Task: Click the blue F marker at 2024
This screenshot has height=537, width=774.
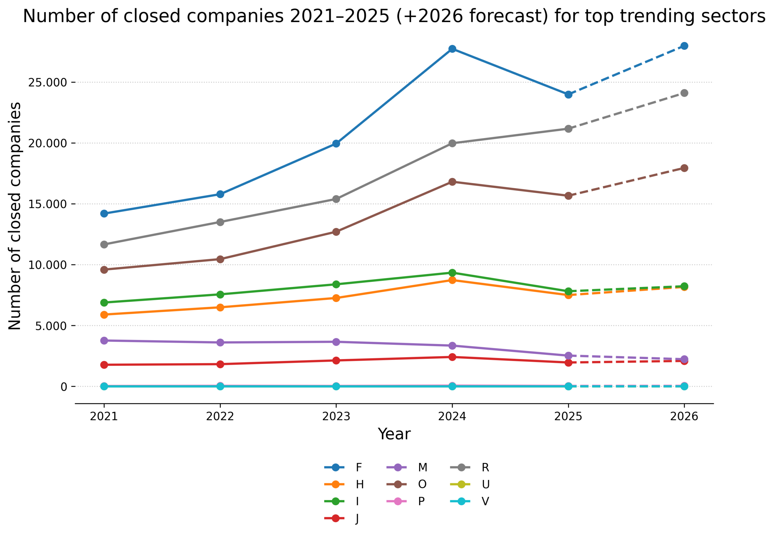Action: tap(452, 49)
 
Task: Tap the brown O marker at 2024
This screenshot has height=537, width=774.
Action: tap(452, 182)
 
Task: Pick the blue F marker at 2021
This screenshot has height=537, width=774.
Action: tap(104, 213)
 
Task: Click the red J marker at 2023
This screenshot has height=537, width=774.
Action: tap(336, 360)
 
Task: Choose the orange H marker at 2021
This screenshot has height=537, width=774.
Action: tap(104, 315)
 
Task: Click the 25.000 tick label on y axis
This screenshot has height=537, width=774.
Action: tap(47, 82)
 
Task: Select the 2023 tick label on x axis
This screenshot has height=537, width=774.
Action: tap(336, 416)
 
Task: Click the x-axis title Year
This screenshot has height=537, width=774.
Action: tap(394, 434)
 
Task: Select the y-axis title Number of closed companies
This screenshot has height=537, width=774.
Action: tap(15, 216)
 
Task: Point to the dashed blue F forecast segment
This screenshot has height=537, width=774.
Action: tap(626, 70)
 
